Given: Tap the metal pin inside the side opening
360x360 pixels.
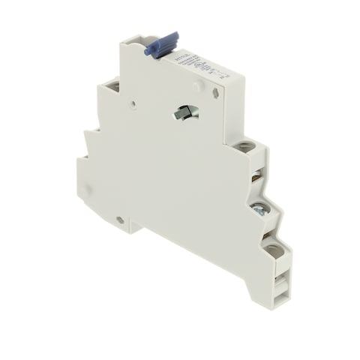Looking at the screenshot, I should [x=184, y=112].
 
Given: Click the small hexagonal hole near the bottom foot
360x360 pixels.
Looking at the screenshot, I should [x=120, y=220].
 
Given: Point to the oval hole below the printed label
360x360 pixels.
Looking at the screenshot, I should [x=216, y=94].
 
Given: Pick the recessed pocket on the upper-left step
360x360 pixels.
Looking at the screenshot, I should [x=112, y=87].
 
